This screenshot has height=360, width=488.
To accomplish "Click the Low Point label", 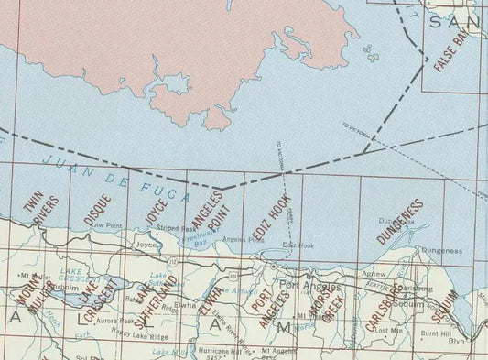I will (107, 224).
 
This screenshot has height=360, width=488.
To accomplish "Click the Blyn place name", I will (455, 340).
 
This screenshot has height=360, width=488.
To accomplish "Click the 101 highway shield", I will (233, 274).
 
